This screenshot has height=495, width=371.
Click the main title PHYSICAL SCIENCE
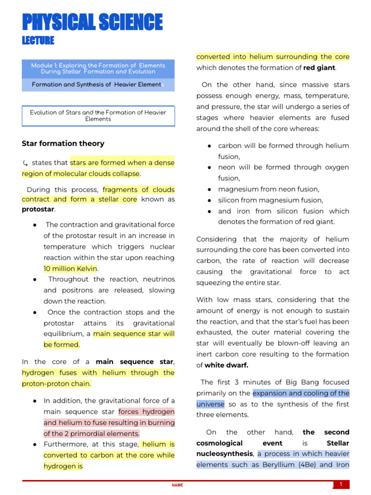click(92, 23)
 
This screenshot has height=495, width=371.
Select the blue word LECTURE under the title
click(38, 41)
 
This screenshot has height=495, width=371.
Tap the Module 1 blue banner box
click(98, 69)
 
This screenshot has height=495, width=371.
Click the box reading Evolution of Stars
click(98, 116)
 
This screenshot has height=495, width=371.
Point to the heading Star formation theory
click(63, 144)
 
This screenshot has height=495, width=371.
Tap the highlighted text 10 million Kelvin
click(71, 269)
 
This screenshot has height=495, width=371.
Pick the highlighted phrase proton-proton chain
click(56, 384)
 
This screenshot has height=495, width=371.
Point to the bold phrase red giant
click(319, 68)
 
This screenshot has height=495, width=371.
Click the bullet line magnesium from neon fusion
click(269, 189)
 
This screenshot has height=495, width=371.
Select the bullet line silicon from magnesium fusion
click(271, 200)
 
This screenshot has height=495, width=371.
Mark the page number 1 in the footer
click(341, 484)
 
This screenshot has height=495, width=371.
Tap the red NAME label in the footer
click(177, 485)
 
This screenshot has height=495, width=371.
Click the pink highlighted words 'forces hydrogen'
click(146, 412)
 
